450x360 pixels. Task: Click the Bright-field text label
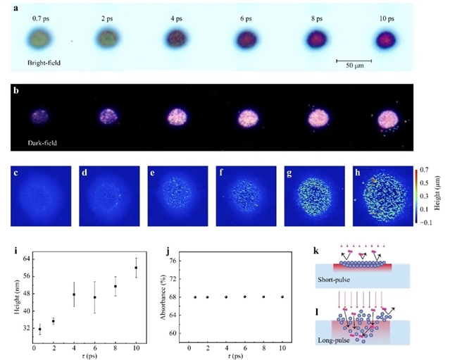click(44, 63)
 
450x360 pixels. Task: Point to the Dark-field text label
click(42, 142)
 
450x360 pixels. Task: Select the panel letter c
click(16, 171)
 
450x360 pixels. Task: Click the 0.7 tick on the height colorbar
click(427, 170)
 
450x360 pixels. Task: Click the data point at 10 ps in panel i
click(136, 268)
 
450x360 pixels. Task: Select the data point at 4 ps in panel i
click(74, 294)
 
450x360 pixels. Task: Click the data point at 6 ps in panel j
click(245, 297)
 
